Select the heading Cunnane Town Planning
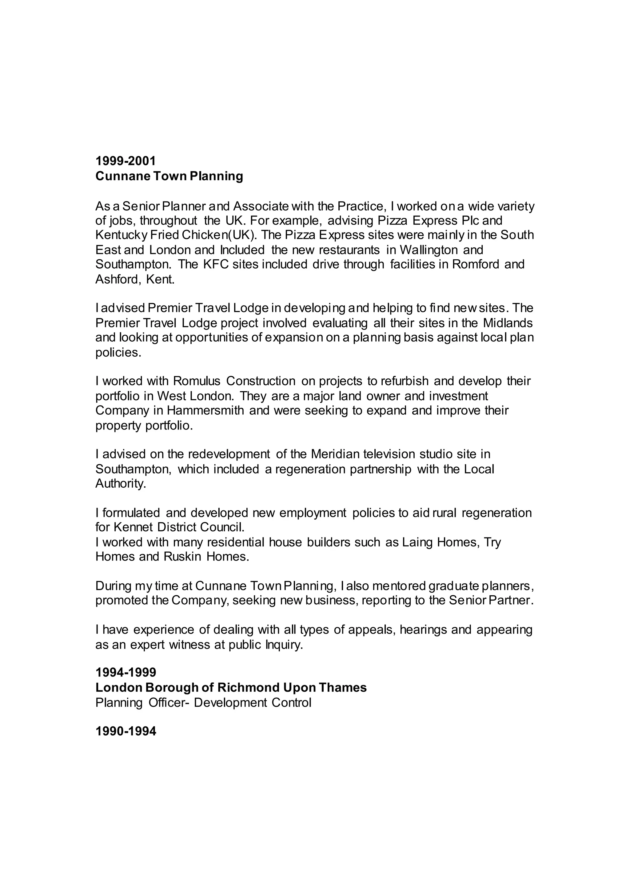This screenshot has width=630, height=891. (x=169, y=176)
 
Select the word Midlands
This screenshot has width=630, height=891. (x=508, y=323)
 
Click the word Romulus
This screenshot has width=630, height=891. (x=197, y=381)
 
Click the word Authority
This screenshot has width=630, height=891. (x=121, y=484)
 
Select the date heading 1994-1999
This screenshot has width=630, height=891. (x=126, y=672)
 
